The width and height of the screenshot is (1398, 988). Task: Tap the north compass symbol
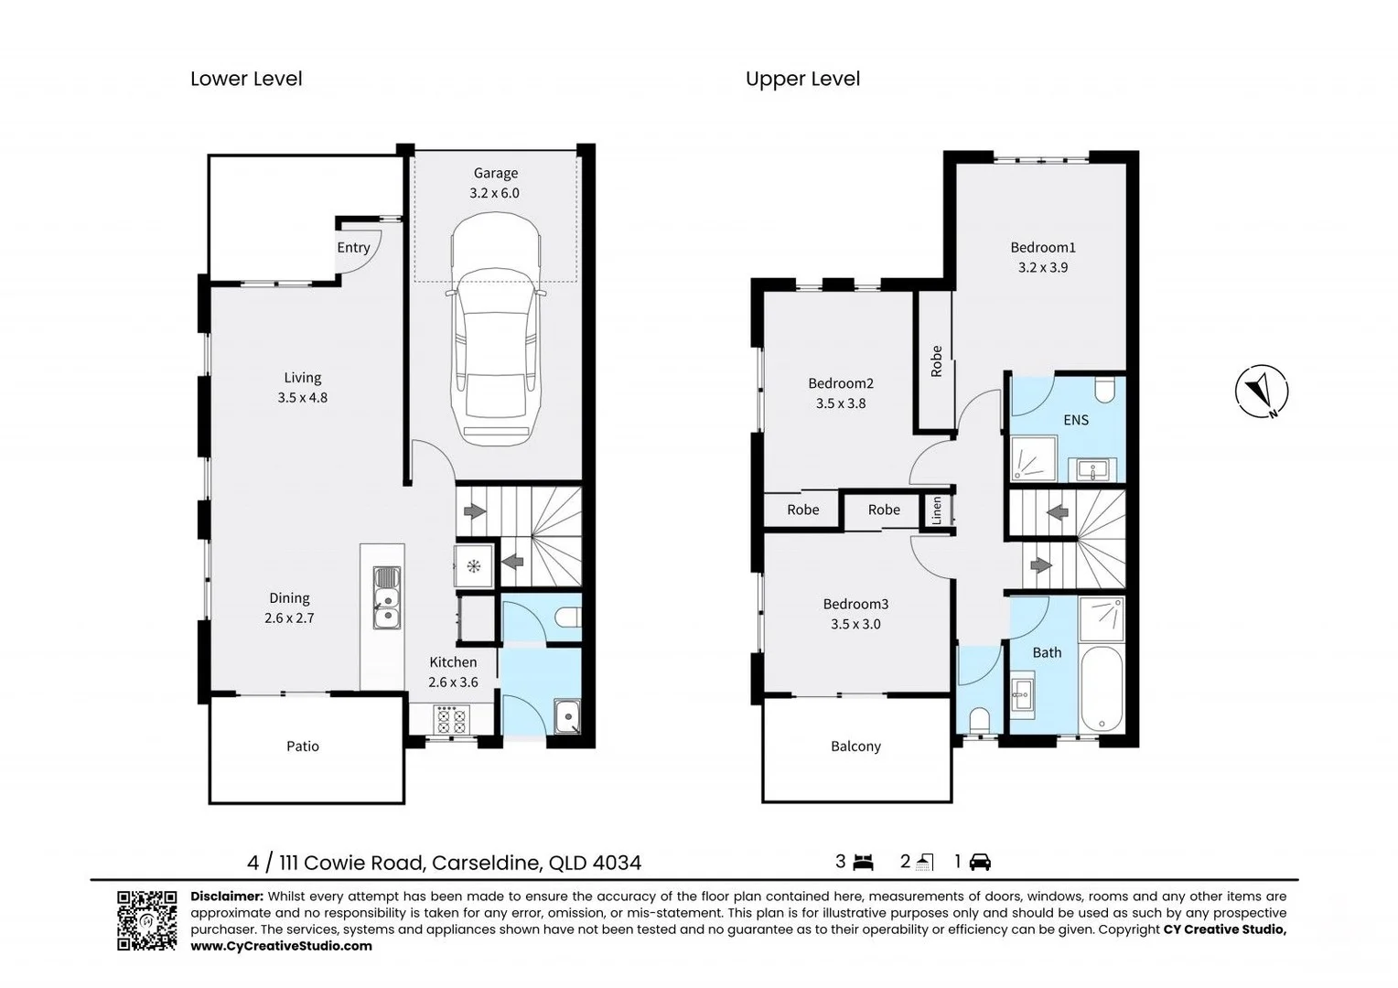[x=1262, y=391]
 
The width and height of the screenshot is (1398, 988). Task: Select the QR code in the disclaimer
[x=146, y=920]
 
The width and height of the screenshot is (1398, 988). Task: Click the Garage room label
[x=496, y=173]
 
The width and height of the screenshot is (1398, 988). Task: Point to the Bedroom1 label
[x=1043, y=247]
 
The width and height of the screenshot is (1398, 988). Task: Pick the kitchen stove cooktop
[x=452, y=720]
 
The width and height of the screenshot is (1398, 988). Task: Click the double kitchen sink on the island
[x=387, y=597]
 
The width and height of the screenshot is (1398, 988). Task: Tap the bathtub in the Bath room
[x=1102, y=690]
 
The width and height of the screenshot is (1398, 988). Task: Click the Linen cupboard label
[x=936, y=510]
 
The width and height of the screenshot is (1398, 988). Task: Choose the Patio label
[x=303, y=746]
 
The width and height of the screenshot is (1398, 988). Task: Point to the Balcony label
[x=855, y=746]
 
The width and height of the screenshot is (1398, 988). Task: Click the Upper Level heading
[x=802, y=80]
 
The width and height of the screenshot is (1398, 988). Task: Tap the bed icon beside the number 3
[x=863, y=862]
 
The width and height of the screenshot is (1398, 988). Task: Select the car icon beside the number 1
[x=980, y=862]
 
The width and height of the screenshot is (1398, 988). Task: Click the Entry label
[x=353, y=248]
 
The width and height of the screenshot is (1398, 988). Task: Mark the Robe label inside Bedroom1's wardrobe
[x=936, y=361]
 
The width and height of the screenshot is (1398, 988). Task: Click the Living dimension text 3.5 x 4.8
[x=303, y=398]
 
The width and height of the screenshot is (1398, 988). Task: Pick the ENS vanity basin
[x=1092, y=469]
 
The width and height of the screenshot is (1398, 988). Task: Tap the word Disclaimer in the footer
[x=227, y=897]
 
